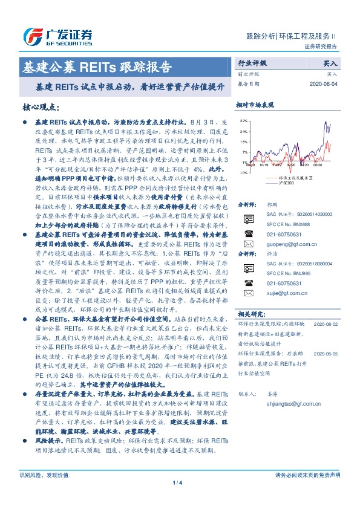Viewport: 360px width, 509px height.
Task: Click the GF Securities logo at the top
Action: click(57, 36)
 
